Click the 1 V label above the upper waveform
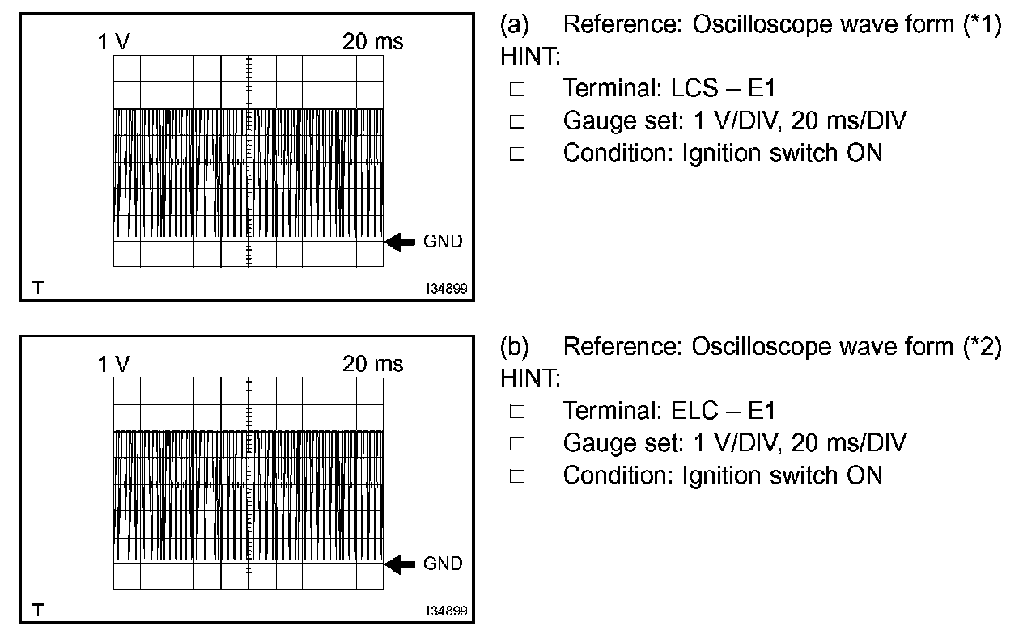(113, 43)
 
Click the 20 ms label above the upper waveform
(372, 43)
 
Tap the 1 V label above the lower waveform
(113, 365)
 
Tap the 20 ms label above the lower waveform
(372, 365)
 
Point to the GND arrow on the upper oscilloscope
(400, 242)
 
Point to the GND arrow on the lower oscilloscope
(400, 564)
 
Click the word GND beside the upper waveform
(443, 242)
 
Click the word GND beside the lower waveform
(443, 564)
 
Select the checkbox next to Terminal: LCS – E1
(517, 90)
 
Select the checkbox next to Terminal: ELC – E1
(517, 412)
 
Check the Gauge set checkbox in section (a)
(517, 122)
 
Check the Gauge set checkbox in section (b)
(517, 444)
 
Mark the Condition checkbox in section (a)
(517, 154)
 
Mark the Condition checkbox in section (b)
(517, 475)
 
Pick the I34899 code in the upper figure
(447, 288)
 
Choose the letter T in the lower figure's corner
(36, 609)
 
